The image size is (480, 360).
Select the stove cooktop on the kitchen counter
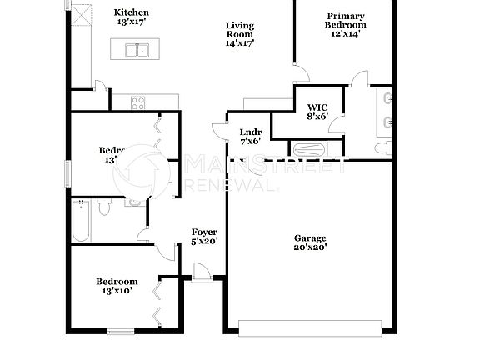coord(138,103)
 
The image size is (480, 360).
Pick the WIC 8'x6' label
coord(317,112)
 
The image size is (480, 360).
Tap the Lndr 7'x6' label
coord(250,137)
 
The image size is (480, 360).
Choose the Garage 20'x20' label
coord(310,242)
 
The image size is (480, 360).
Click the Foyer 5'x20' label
coord(204,237)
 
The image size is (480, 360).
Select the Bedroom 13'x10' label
coord(116,286)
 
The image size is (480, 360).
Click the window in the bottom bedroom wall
coord(122,332)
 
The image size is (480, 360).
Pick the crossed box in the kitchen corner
coord(82,14)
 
